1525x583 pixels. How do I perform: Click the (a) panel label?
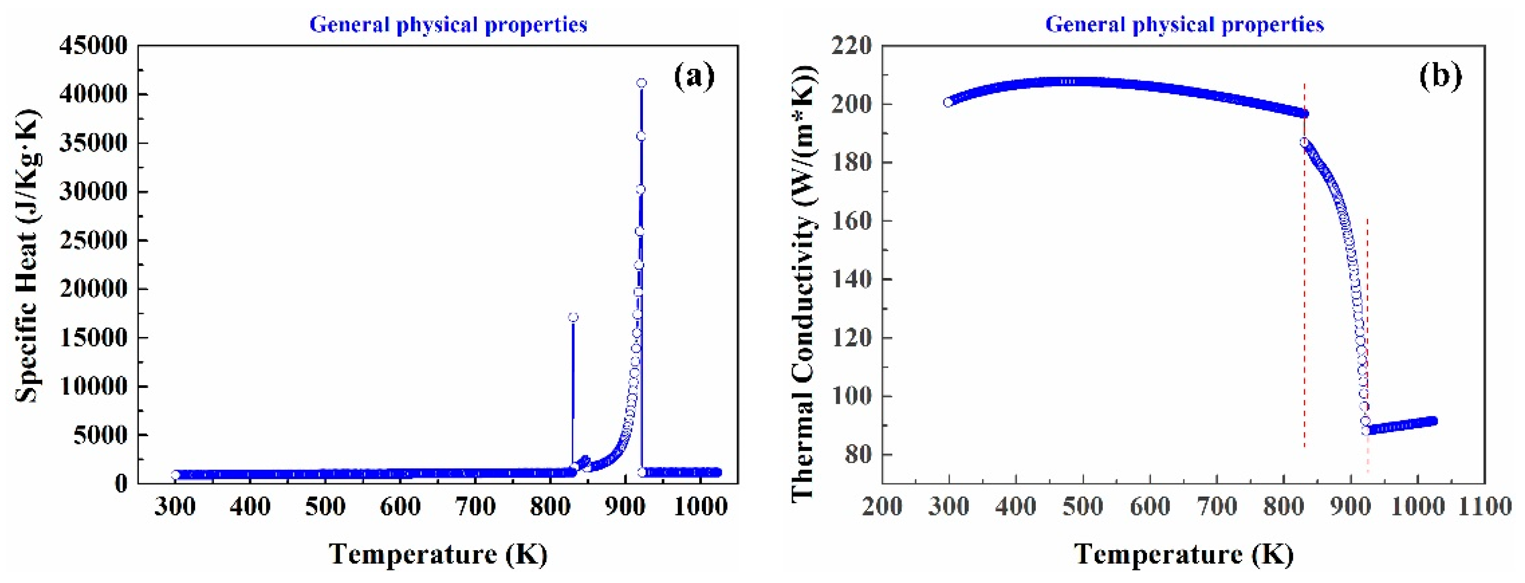click(694, 76)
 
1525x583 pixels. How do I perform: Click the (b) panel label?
click(1440, 76)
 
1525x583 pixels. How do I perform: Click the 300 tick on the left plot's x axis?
click(175, 507)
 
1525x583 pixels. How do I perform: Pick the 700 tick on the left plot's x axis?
click(475, 507)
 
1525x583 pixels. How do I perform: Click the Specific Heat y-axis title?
click(27, 256)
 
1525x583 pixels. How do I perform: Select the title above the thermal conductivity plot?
click(1184, 25)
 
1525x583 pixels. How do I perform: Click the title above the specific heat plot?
click(448, 25)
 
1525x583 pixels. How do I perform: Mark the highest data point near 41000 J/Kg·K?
click(641, 83)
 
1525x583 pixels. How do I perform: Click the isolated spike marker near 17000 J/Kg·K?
click(573, 317)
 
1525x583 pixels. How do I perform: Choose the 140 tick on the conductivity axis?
click(852, 279)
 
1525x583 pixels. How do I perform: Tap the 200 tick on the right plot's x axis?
click(882, 507)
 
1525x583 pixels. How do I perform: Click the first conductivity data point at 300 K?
click(948, 102)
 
